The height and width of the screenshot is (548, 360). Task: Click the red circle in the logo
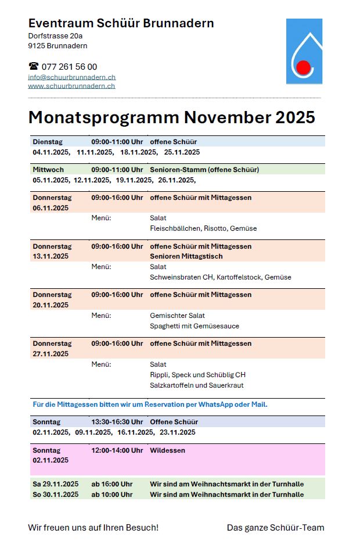[303, 68]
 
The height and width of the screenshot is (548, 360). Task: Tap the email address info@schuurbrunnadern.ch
[71, 77]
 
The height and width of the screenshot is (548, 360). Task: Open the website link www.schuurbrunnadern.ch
[71, 86]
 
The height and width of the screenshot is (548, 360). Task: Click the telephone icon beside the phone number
[33, 66]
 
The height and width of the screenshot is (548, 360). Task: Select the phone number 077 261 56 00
[69, 66]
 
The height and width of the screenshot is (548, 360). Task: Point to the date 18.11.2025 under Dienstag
[138, 152]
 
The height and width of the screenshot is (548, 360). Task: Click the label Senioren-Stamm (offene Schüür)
[204, 170]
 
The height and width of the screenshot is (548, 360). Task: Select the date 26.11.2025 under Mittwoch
[177, 180]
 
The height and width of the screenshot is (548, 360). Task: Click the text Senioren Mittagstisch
[186, 256]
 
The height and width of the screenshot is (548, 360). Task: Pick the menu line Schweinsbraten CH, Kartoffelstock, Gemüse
[220, 277]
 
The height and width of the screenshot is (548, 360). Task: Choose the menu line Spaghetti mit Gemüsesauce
[194, 326]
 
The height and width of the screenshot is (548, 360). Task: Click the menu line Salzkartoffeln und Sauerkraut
[196, 385]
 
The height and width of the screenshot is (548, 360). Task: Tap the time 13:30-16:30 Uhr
[117, 422]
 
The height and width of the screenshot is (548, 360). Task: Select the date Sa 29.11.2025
[55, 484]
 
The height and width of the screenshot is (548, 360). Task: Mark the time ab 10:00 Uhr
[111, 495]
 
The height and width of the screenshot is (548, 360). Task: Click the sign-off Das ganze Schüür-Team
[275, 528]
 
